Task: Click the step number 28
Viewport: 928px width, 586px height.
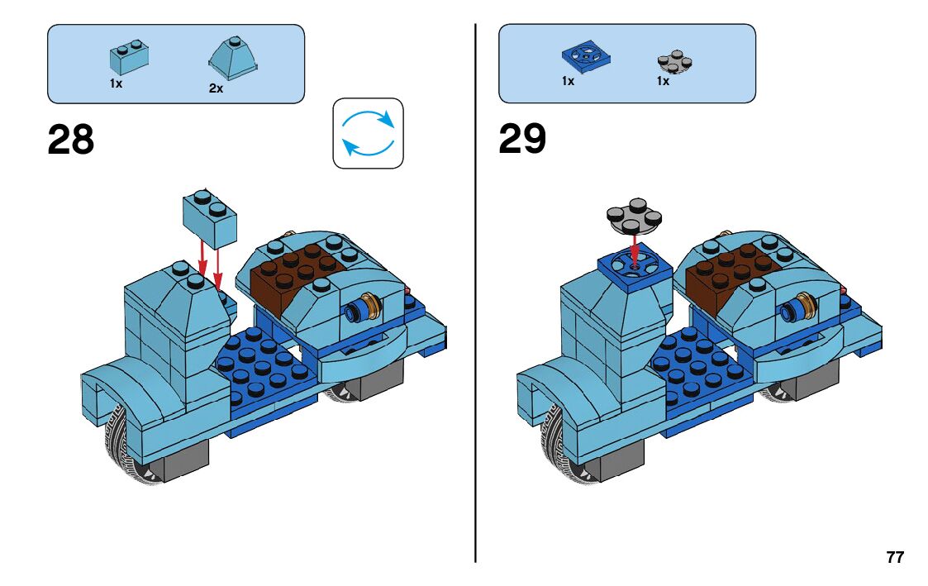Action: tap(71, 140)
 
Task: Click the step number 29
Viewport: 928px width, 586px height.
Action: tap(522, 140)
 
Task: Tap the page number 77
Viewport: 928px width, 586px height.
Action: tap(895, 557)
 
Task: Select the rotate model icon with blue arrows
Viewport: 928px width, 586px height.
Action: tap(368, 134)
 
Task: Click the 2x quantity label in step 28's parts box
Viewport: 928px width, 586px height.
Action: tap(216, 88)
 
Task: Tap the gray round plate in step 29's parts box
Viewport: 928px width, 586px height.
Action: tap(673, 60)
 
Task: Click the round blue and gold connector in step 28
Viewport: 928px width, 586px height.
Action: tap(364, 309)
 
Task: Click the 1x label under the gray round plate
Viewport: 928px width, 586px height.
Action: tap(663, 81)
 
